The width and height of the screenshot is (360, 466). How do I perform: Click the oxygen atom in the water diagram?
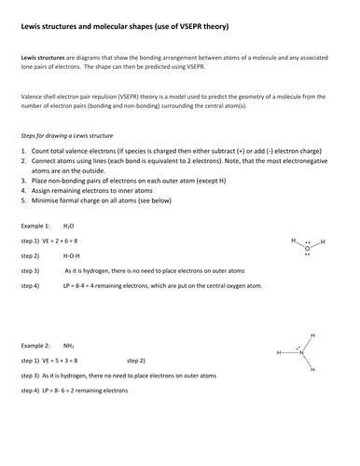(x=308, y=249)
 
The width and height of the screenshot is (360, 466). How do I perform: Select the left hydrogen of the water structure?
(x=293, y=240)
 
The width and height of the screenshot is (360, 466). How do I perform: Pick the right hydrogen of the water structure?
(x=323, y=242)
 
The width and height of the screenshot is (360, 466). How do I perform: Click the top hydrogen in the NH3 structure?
(x=312, y=336)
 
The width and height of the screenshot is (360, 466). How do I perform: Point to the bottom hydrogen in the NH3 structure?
(x=312, y=370)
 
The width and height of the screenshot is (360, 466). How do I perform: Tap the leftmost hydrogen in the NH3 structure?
(x=278, y=354)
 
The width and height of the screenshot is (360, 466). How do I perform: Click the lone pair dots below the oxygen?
(x=308, y=256)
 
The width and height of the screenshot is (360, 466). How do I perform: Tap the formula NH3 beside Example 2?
(x=70, y=344)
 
